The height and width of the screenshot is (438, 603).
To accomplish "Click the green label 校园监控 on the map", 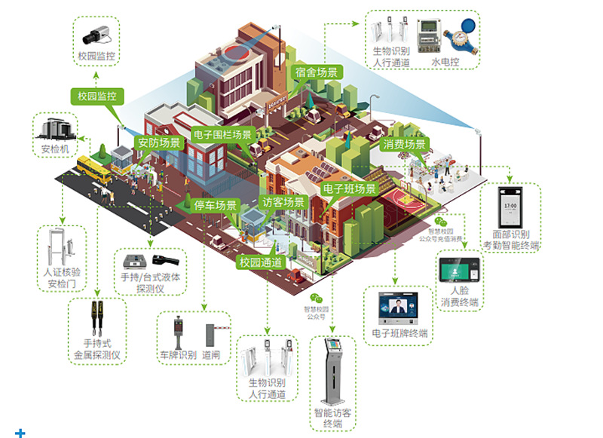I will pos(97,96).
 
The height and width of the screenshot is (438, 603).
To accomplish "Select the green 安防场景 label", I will pos(159,142).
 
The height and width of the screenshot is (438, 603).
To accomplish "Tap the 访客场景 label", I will pos(283,202).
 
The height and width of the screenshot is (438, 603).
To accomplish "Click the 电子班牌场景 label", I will pos(349,189).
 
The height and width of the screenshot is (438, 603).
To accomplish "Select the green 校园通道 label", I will pos(261,262).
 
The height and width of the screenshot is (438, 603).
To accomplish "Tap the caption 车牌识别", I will pos(177,354).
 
